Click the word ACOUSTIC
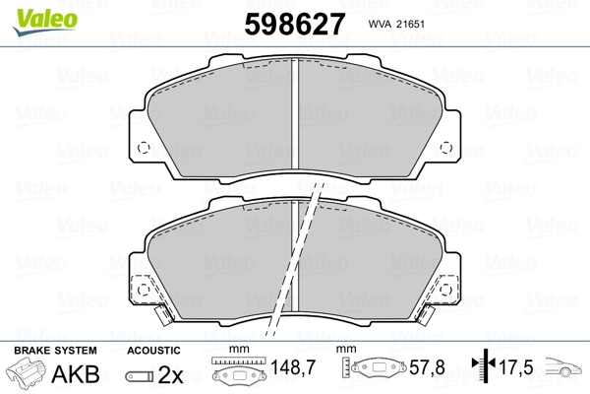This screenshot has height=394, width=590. tap(153, 351)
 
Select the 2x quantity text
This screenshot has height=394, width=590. tap(171, 375)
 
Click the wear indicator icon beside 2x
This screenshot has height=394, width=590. tap(141, 376)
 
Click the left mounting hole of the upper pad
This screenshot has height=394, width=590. tap(143, 150)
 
